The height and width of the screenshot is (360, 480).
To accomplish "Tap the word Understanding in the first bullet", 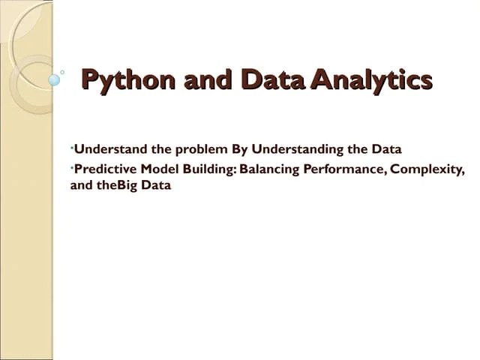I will pos(296,148).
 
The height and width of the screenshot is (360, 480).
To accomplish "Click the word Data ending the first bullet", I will pos(387,148).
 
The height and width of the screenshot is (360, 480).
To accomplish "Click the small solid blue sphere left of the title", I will pos(54,79).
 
